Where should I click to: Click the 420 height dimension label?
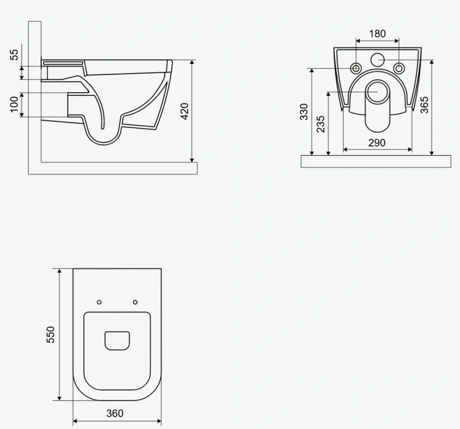pyautogui.click(x=185, y=111)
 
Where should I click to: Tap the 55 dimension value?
pyautogui.click(x=14, y=55)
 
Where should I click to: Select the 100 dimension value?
pyautogui.click(x=14, y=104)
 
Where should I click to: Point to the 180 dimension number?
pyautogui.click(x=377, y=34)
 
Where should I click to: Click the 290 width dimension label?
pyautogui.click(x=377, y=143)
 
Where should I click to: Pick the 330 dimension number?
pyautogui.click(x=304, y=112)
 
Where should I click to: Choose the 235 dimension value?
pyautogui.click(x=321, y=124)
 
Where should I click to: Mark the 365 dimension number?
pyautogui.click(x=424, y=105)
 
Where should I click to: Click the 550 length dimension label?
pyautogui.click(x=50, y=334)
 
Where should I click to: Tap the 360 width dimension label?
pyautogui.click(x=115, y=414)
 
